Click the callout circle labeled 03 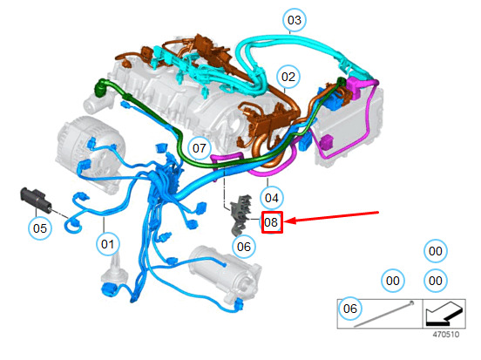pos(295,20)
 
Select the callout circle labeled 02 pos(288,77)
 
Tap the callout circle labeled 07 pos(200,148)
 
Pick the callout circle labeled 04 pos(272,198)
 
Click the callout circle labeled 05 pos(40,228)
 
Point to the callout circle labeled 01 pos(107,244)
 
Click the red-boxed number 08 pos(272,222)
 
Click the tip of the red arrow pos(286,221)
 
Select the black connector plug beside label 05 pos(36,200)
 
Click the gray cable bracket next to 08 pos(242,214)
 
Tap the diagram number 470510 pos(446,334)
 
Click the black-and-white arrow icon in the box pos(444,314)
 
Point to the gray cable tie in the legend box pos(384,315)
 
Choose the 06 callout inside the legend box pos(350,309)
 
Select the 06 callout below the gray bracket pos(244,247)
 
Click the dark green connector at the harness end pos(102,87)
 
